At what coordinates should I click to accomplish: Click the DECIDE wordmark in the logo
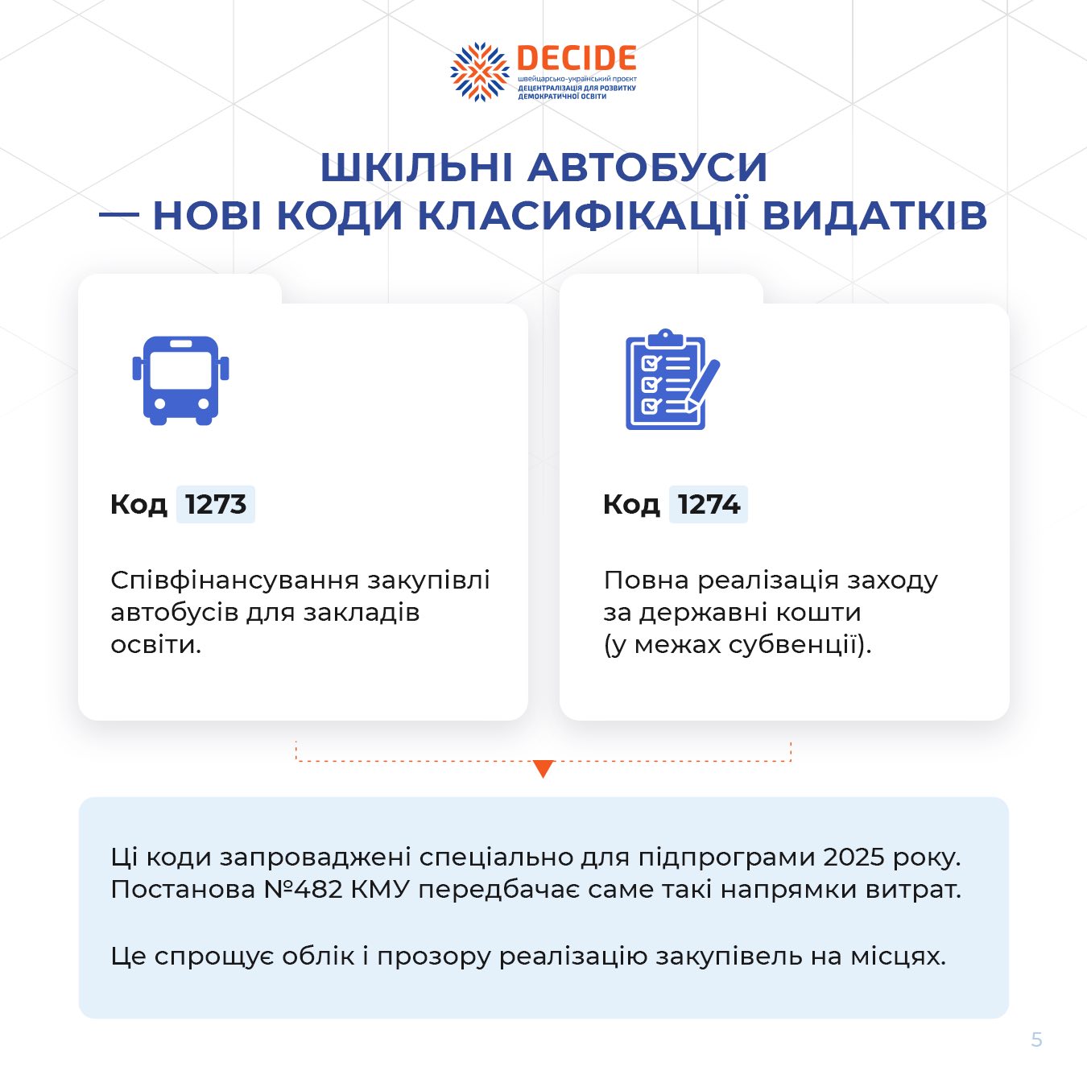(x=577, y=57)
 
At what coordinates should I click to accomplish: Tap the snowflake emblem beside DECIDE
(x=479, y=72)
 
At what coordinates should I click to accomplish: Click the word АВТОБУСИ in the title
(x=647, y=167)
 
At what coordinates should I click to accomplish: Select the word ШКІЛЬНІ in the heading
(x=416, y=167)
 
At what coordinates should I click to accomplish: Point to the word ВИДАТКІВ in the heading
(x=874, y=216)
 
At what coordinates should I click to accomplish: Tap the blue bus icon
(x=180, y=380)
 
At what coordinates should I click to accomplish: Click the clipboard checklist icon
(x=672, y=379)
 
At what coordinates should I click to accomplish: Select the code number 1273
(x=216, y=504)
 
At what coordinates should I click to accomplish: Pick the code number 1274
(x=709, y=504)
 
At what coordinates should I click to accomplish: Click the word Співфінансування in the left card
(x=234, y=581)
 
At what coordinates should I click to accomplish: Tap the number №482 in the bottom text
(x=304, y=890)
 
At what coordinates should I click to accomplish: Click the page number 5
(x=1036, y=1039)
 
